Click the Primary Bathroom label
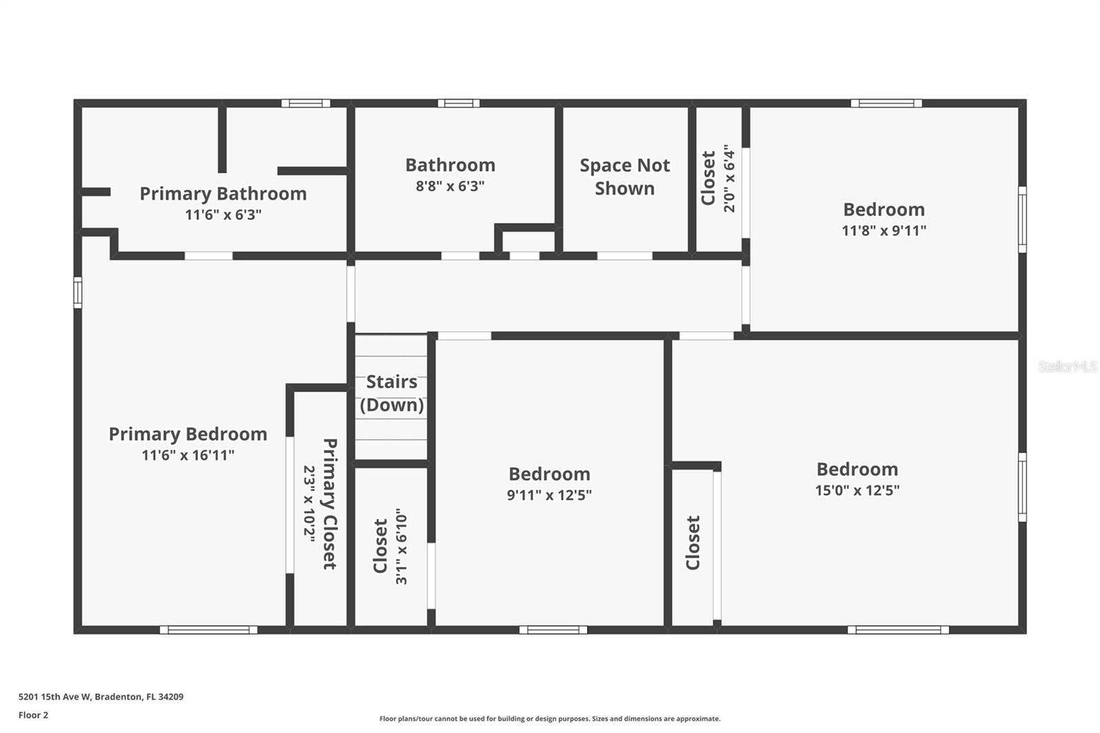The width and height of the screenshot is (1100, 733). (x=223, y=194)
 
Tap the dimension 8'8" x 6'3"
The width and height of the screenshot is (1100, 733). (x=450, y=186)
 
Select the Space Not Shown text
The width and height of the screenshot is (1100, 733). (x=625, y=177)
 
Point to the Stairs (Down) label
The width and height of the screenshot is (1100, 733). (x=392, y=393)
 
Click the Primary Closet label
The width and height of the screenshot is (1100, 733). (x=329, y=503)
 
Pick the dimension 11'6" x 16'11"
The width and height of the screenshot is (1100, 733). (x=188, y=455)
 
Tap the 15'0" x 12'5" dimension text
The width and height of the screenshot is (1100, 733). (x=857, y=490)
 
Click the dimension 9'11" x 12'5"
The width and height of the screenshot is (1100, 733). (x=549, y=494)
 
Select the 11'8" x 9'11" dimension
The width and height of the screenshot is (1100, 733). (x=884, y=230)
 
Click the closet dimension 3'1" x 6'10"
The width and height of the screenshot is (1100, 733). (x=401, y=546)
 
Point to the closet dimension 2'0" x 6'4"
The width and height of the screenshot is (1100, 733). (x=729, y=178)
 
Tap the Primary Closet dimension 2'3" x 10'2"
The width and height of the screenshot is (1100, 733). (x=309, y=504)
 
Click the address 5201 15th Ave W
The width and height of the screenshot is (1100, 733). (x=55, y=697)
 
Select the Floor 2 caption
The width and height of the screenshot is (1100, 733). (x=34, y=715)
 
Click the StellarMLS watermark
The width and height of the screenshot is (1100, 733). (x=1068, y=366)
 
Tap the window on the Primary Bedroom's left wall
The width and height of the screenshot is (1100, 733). (x=78, y=293)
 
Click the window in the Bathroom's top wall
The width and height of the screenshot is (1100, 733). (x=459, y=103)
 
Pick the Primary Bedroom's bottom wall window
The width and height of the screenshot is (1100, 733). (x=208, y=630)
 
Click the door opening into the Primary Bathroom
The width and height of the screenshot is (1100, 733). (x=208, y=256)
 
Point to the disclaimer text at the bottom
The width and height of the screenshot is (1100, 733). (x=550, y=719)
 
